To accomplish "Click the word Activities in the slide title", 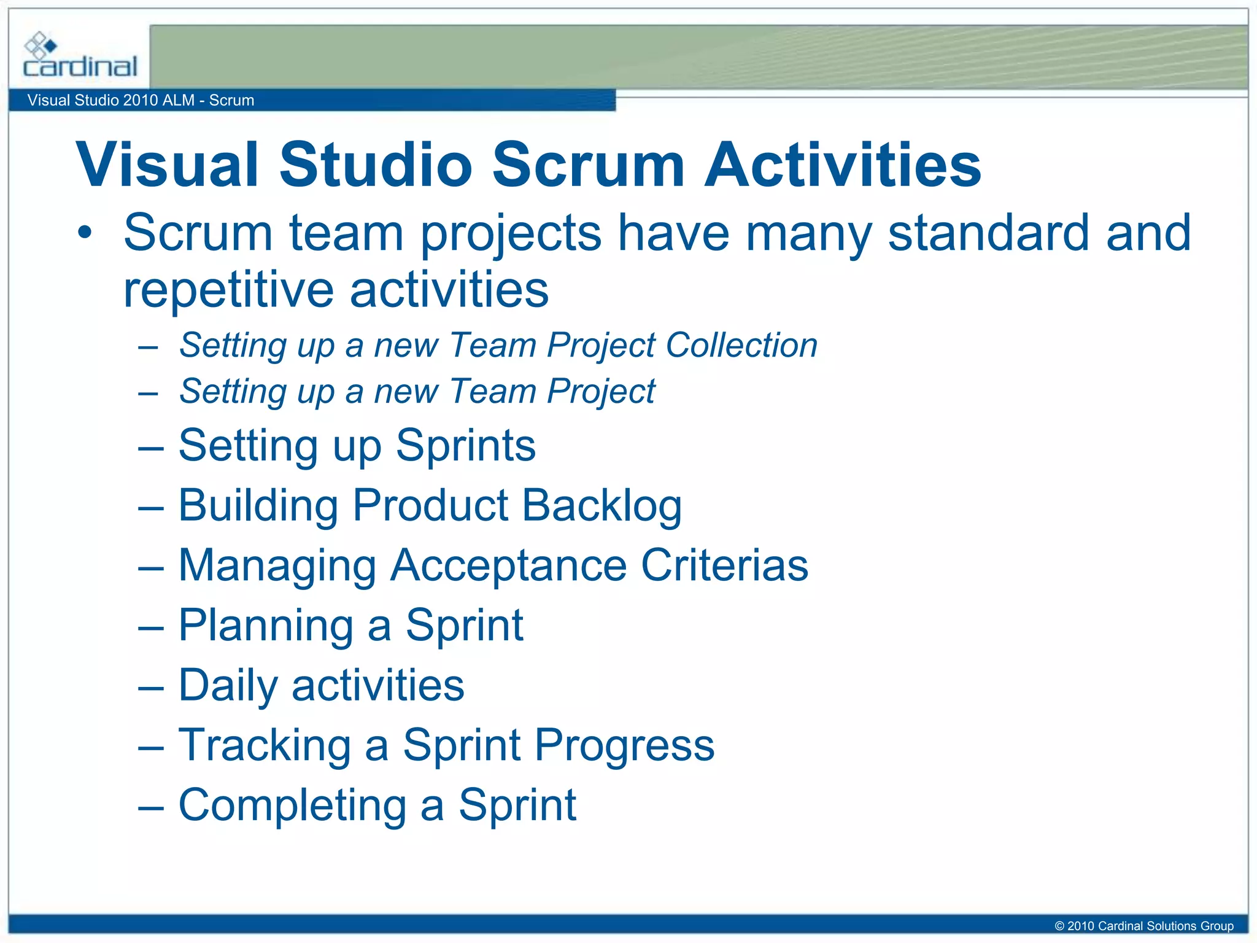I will (x=843, y=165).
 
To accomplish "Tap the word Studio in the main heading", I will (x=376, y=165).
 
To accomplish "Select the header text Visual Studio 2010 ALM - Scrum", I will (x=141, y=100).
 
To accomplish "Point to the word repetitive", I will (x=227, y=290).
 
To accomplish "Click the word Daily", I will (x=227, y=685).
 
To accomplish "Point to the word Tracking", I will (x=265, y=745).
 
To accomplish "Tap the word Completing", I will (x=292, y=805).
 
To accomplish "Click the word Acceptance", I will (x=508, y=565).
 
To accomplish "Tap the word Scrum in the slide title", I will (x=588, y=165).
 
